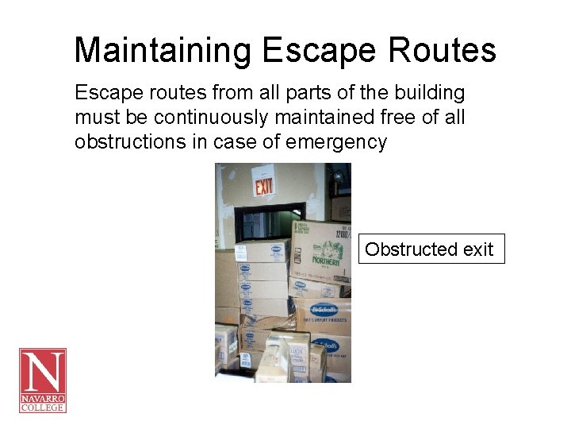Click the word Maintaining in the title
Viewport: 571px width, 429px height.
point(163,51)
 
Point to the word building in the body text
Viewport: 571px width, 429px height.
point(431,93)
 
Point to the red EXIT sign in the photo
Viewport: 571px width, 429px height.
point(263,187)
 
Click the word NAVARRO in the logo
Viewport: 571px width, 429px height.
point(43,396)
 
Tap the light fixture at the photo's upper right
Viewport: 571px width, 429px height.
point(339,174)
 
